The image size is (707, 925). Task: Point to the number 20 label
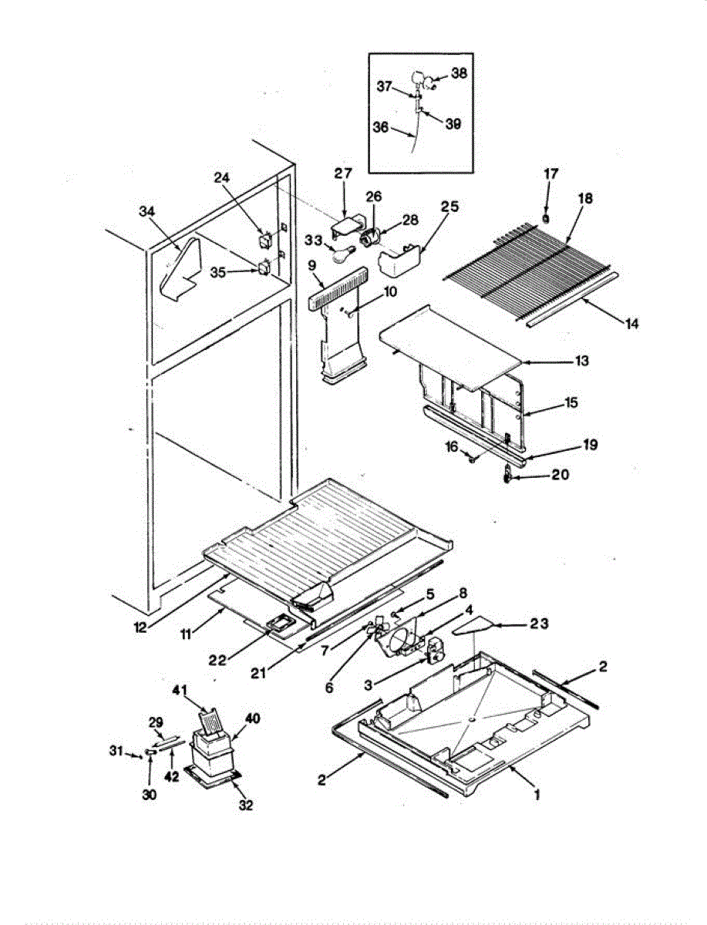pos(560,475)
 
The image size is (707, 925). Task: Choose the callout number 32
pos(246,806)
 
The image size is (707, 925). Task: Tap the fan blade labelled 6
pos(378,629)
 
